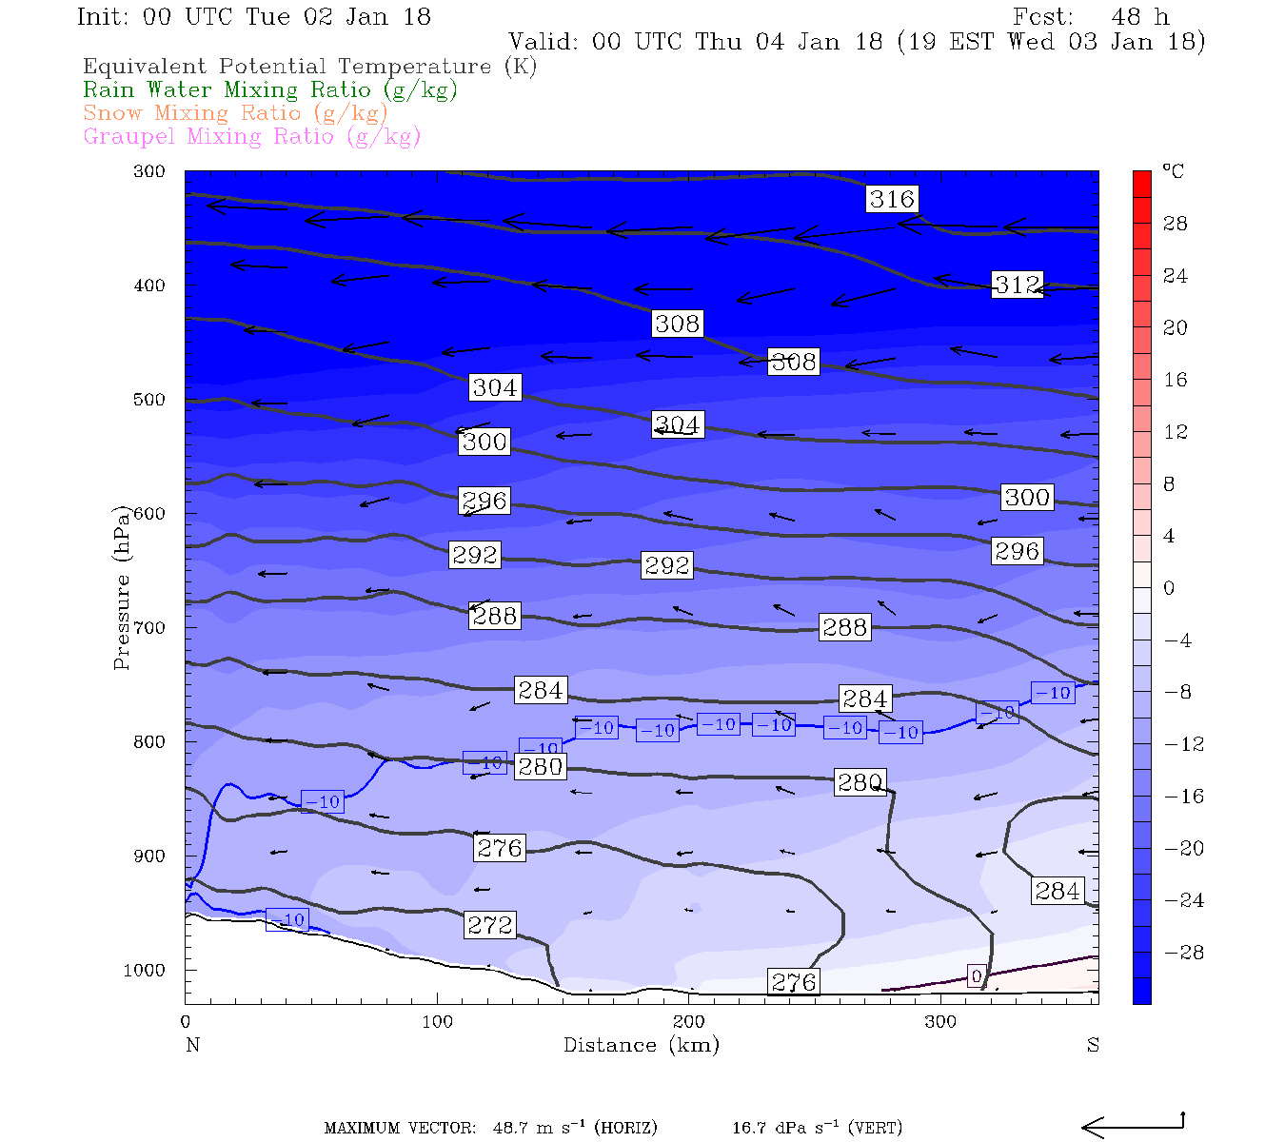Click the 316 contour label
(x=892, y=199)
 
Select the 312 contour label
(x=1018, y=285)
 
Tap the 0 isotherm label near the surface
(x=976, y=976)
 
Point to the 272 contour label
(x=490, y=925)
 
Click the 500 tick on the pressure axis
(x=149, y=400)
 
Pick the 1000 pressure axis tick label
(x=145, y=971)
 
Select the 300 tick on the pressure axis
(x=149, y=171)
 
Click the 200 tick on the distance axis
(x=689, y=1022)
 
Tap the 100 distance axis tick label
(x=437, y=1022)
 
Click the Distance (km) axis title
(x=641, y=1045)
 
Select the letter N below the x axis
(x=192, y=1045)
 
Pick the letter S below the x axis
(x=1093, y=1045)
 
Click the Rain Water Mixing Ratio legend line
(x=270, y=90)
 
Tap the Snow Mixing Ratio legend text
(x=236, y=113)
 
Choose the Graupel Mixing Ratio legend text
(x=252, y=136)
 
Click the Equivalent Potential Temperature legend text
(x=310, y=67)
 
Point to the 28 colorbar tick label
(x=1176, y=224)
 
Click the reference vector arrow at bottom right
(x=1133, y=1127)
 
